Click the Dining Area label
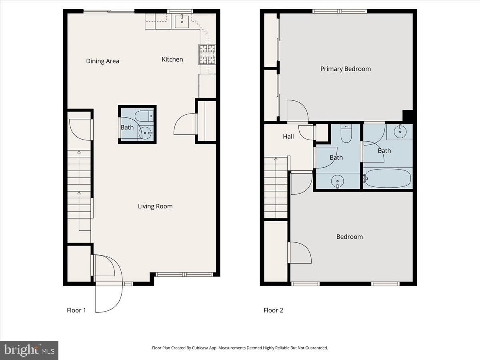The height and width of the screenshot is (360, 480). click(x=102, y=61)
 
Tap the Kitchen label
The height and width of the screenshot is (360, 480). click(x=172, y=59)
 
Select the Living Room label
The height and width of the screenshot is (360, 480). click(x=155, y=206)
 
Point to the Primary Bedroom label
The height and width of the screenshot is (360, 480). click(x=346, y=69)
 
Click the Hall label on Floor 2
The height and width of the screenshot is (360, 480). click(x=288, y=137)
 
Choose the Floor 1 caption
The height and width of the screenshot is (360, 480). click(x=76, y=310)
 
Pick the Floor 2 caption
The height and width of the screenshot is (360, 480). click(x=273, y=310)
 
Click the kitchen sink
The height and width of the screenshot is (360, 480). click(x=182, y=22)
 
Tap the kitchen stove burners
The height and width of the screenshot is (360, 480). click(x=207, y=54)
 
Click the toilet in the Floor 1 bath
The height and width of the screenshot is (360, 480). click(x=144, y=116)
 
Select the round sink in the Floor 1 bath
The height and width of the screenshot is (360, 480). click(x=146, y=133)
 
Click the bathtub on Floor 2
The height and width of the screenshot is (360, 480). click(x=388, y=178)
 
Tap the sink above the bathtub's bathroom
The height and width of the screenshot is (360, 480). click(x=400, y=131)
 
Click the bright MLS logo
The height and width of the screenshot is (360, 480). click(x=29, y=350)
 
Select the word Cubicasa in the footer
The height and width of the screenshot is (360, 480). click(x=199, y=348)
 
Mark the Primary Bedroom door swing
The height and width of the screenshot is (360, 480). click(x=298, y=111)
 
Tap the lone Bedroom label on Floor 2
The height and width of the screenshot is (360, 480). click(x=350, y=237)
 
